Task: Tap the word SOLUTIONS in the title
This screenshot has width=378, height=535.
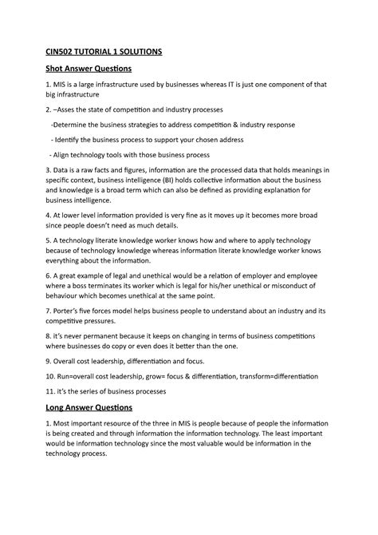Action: pyautogui.click(x=140, y=51)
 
